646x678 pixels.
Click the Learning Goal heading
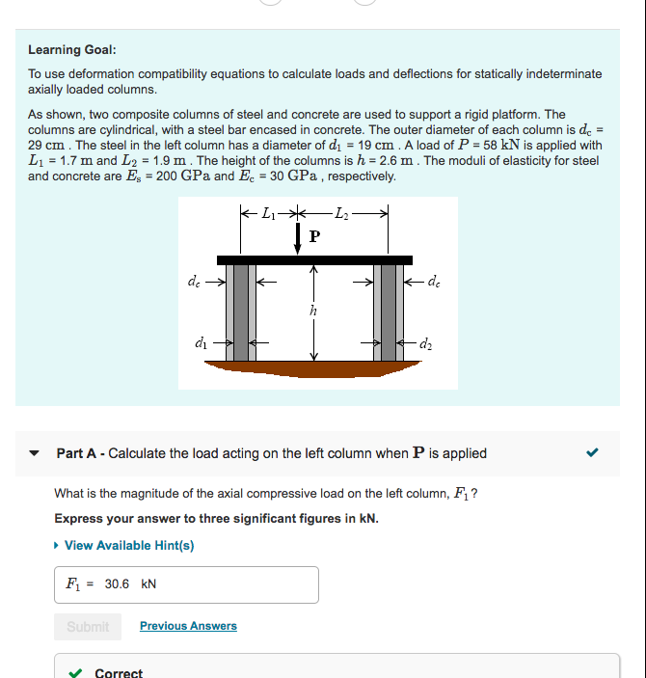tap(72, 49)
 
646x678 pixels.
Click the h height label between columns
tap(311, 312)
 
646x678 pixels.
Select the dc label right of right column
tap(436, 283)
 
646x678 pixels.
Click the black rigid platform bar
tap(314, 259)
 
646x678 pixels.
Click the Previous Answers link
tap(188, 626)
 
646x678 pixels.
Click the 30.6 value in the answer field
tap(117, 584)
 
